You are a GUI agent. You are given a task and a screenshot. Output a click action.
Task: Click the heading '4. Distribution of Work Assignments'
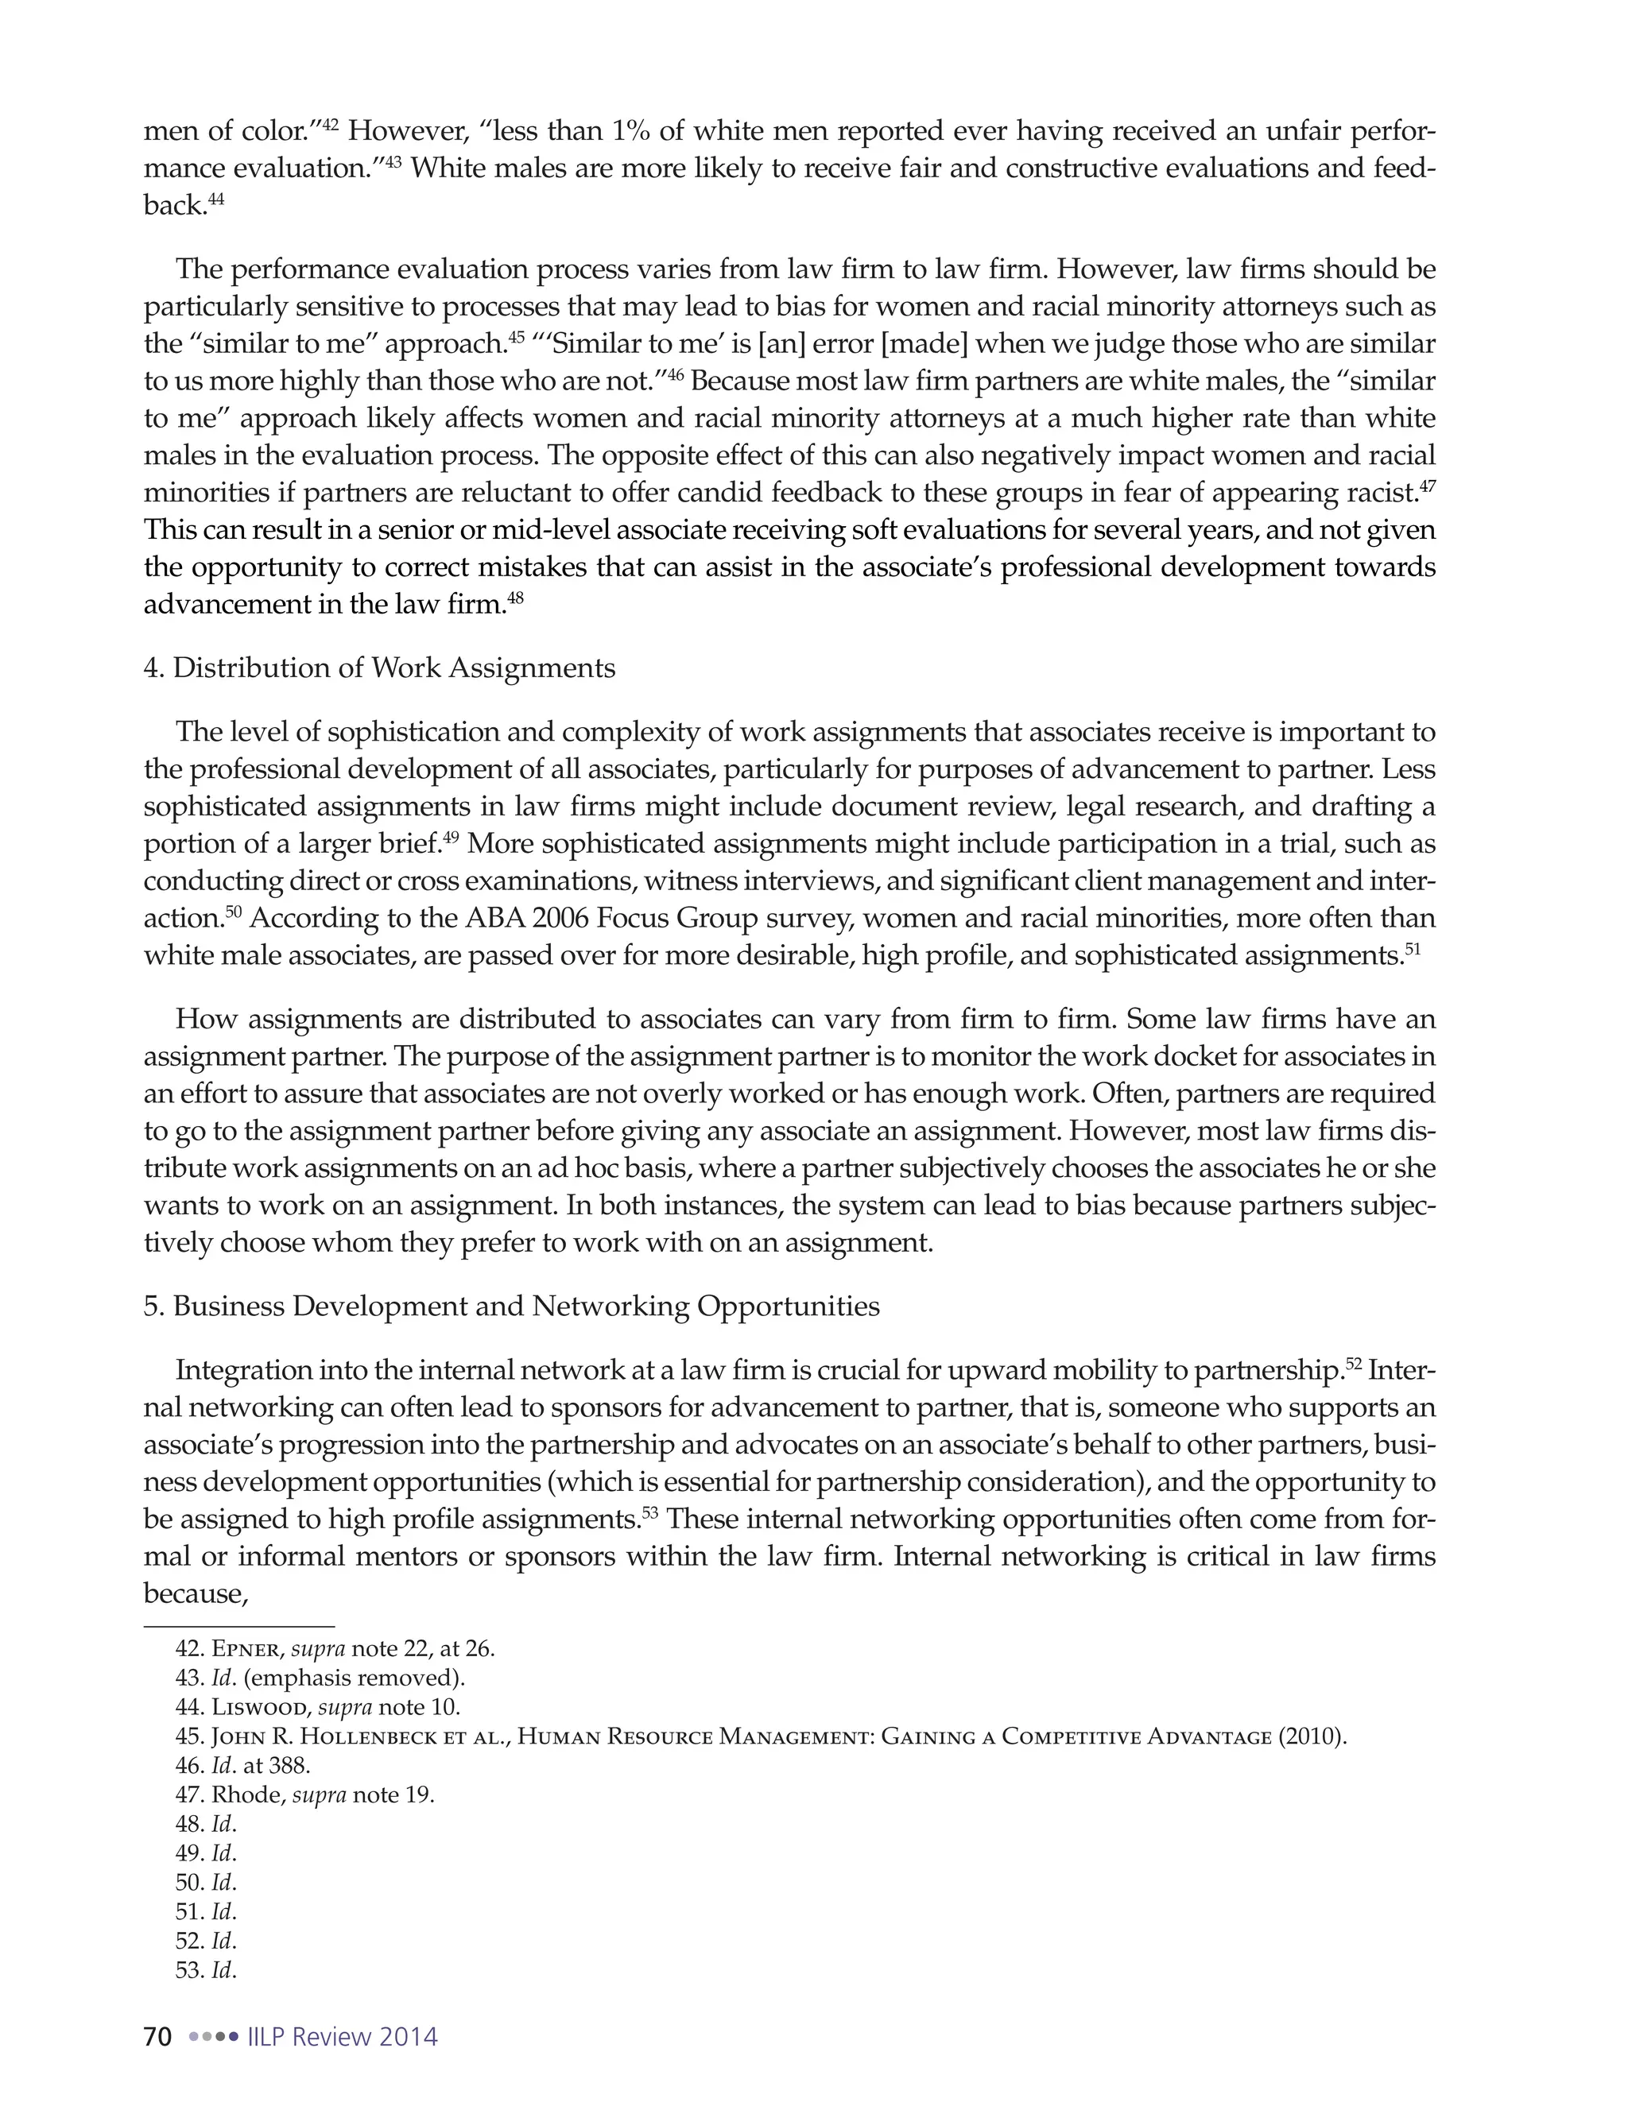[x=379, y=668]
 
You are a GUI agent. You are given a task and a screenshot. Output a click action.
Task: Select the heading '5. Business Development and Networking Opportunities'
[x=511, y=1307]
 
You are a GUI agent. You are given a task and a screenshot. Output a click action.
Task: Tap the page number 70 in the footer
[x=157, y=2038]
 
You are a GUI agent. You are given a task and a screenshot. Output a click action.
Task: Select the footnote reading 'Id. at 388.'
[x=243, y=1766]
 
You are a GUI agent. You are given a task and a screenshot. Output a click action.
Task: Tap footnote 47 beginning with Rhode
[x=304, y=1794]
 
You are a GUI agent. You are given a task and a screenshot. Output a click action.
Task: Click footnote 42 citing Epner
[x=335, y=1649]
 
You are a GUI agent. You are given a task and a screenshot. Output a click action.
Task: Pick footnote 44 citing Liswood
[x=317, y=1707]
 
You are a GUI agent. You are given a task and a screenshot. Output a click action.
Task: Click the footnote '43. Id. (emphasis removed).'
[x=320, y=1678]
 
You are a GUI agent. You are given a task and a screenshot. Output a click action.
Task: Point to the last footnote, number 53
[x=205, y=1970]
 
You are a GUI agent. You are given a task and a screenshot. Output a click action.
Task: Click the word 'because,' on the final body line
[x=197, y=1594]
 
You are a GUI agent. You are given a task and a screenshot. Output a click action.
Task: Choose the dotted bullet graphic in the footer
[x=213, y=2038]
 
